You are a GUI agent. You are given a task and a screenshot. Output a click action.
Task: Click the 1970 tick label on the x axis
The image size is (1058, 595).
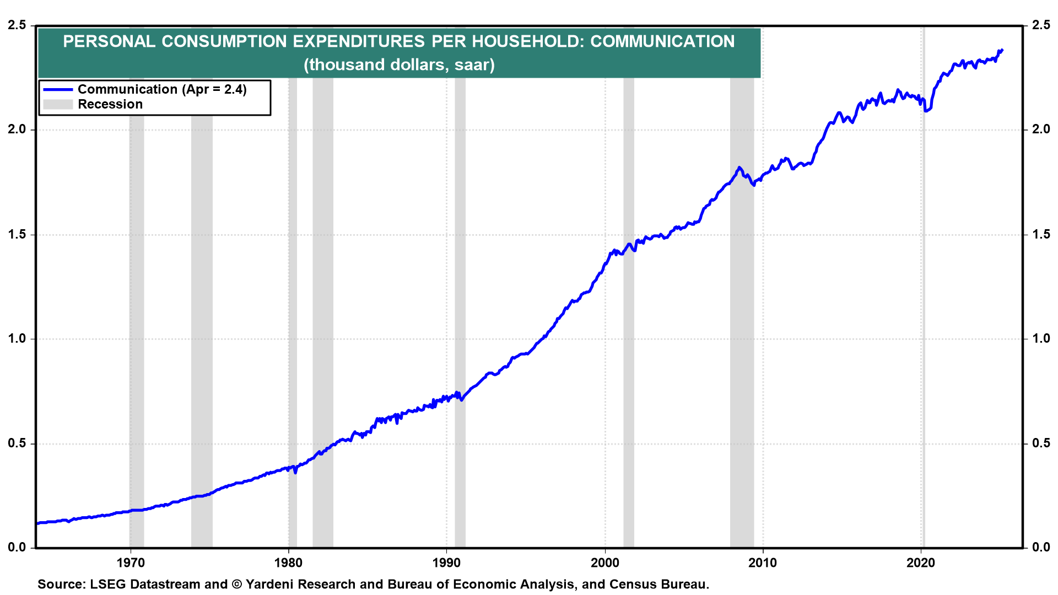tap(131, 562)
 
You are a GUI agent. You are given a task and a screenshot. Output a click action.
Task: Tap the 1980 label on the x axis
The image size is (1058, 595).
tap(288, 562)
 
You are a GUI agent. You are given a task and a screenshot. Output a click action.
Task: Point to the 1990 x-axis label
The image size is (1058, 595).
tap(446, 562)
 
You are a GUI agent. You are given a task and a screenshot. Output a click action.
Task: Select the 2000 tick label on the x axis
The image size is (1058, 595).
tap(605, 562)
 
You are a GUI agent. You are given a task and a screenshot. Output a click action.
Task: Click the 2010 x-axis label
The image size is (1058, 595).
tap(763, 562)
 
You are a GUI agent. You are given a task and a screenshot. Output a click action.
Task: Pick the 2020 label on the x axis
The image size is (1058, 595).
tap(921, 562)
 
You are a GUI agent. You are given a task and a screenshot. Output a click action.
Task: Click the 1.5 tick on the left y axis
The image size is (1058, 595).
tap(17, 235)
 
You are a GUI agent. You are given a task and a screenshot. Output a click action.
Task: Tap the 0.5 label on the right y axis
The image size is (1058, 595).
tap(1040, 443)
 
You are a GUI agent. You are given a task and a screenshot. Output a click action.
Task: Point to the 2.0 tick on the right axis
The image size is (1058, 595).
tap(1040, 129)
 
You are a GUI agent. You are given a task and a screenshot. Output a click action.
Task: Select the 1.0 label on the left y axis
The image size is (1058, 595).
tap(17, 339)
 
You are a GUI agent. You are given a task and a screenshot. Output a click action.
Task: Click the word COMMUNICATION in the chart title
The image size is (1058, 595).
tap(662, 42)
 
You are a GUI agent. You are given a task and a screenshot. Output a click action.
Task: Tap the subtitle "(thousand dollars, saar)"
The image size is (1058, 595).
tap(399, 65)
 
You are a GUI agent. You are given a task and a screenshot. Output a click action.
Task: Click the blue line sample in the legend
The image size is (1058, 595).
tap(58, 89)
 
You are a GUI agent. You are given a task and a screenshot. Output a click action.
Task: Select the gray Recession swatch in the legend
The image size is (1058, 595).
tap(58, 104)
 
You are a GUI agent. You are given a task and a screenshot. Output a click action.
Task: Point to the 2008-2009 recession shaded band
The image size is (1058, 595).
tap(742, 331)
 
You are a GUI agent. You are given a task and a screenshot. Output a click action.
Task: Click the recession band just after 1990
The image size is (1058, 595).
tap(460, 275)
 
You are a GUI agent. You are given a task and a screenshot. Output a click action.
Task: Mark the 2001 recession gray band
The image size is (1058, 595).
tap(629, 331)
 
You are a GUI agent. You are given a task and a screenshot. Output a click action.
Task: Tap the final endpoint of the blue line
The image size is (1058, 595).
tap(1002, 50)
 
